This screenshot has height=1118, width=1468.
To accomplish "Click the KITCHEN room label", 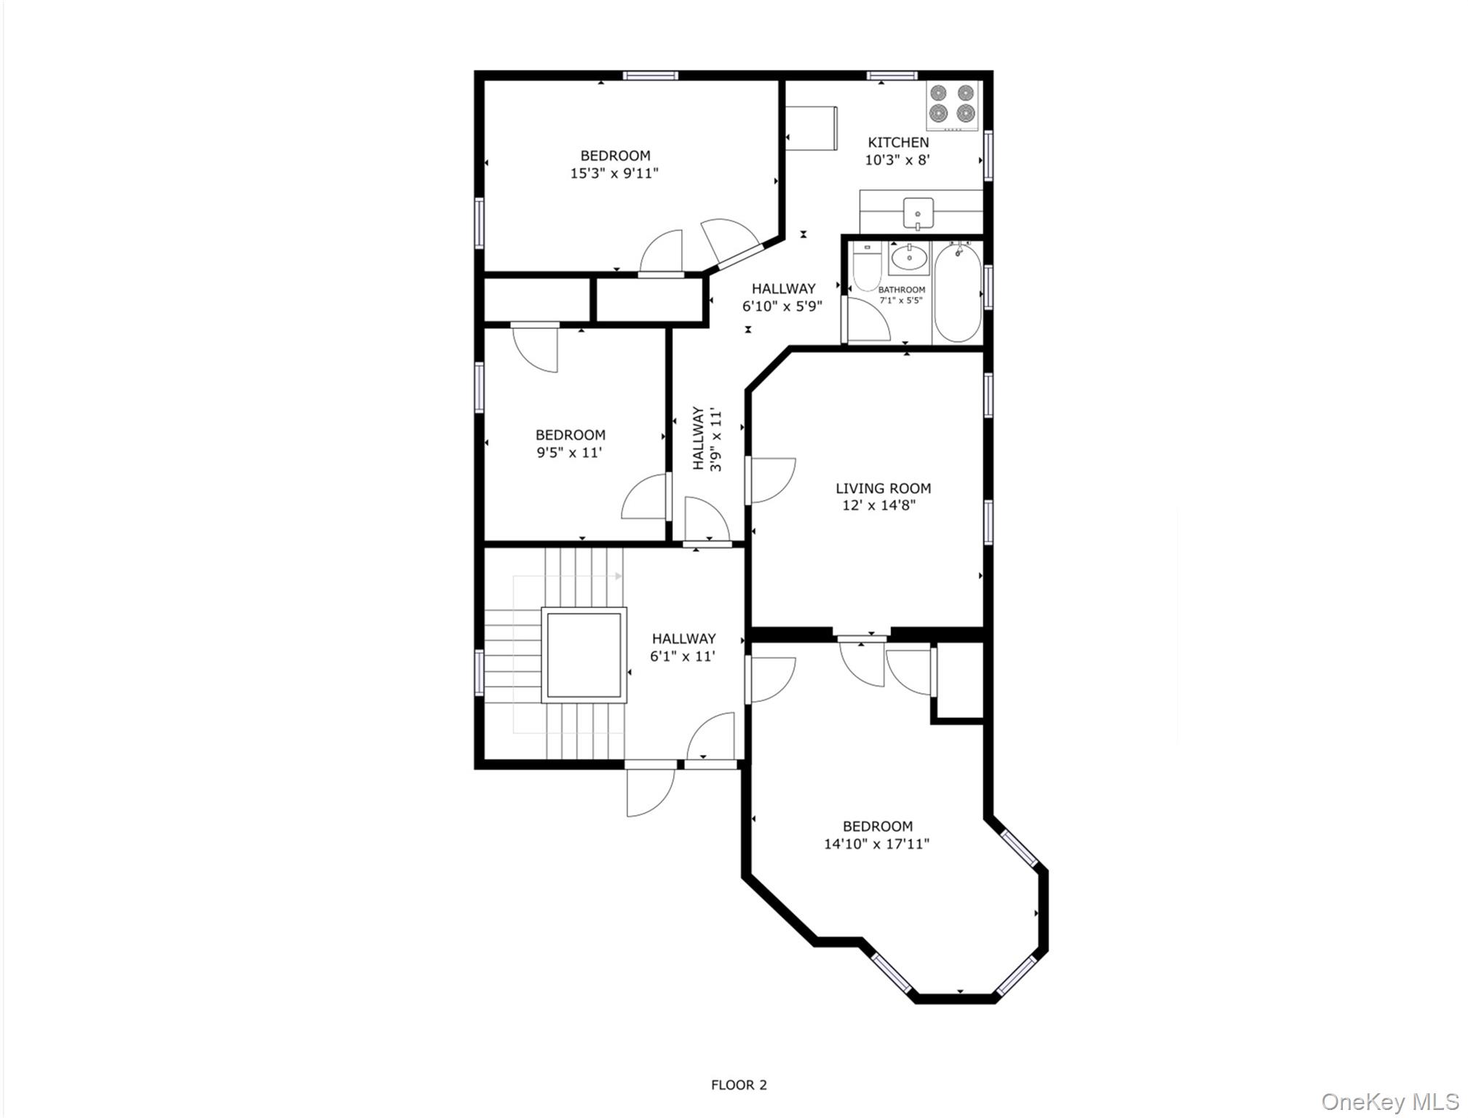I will (898, 143).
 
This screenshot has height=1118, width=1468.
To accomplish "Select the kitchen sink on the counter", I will (918, 213).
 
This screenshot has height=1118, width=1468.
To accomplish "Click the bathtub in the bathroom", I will (958, 293).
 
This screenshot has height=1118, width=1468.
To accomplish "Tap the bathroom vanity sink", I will (908, 258).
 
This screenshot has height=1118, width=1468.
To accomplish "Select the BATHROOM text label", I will (902, 290).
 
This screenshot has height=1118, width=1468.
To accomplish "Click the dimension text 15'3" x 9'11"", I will (614, 174).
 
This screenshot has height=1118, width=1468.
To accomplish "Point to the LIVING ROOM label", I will (883, 488).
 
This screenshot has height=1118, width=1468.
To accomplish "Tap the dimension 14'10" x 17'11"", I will (876, 844).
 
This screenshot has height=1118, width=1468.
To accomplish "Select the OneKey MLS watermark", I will (1389, 1101).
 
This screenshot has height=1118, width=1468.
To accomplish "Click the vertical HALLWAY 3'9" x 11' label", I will (707, 438).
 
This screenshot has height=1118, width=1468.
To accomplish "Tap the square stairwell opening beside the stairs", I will (583, 654).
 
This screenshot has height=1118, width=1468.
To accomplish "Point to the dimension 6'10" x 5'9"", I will (782, 306).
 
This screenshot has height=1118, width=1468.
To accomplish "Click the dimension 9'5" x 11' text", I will (569, 453).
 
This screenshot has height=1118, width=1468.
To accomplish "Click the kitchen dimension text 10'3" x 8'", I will (897, 160).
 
